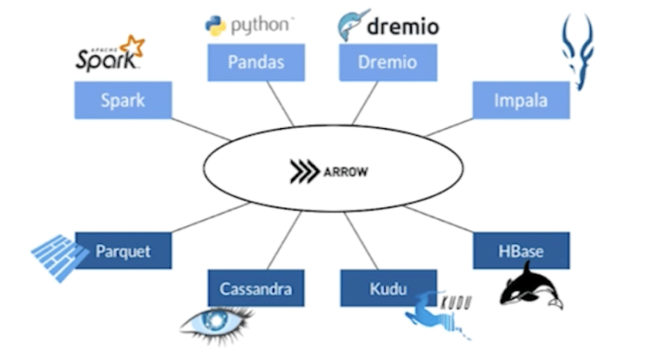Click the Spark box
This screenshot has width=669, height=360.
(123, 100)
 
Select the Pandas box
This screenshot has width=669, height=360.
(255, 63)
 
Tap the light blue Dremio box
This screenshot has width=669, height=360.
(388, 63)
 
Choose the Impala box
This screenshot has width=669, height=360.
(521, 100)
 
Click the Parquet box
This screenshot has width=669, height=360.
(123, 251)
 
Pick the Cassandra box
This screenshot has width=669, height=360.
(255, 289)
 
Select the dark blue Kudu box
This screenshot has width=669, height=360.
(388, 289)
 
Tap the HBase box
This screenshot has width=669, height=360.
(521, 251)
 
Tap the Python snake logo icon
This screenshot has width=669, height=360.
(215, 25)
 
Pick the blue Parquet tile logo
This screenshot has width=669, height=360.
(58, 256)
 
